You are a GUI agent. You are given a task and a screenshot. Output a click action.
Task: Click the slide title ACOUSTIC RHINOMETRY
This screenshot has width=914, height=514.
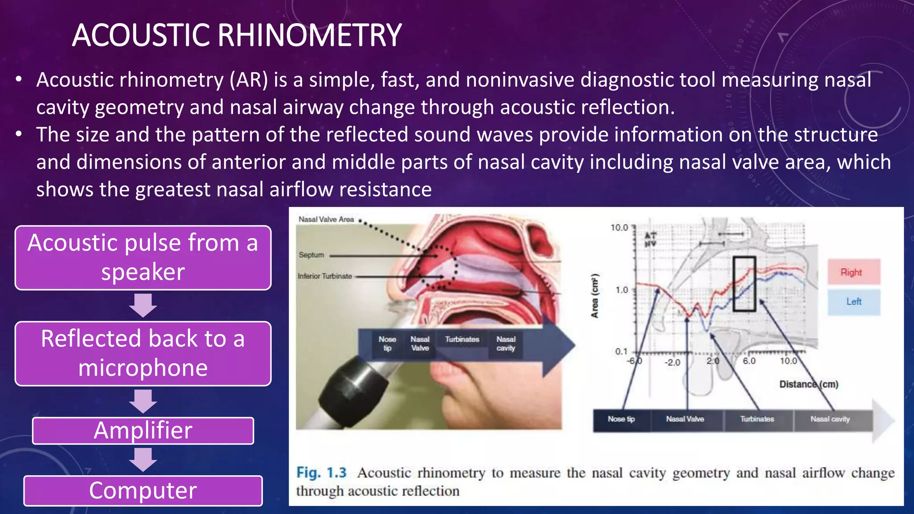click(x=237, y=36)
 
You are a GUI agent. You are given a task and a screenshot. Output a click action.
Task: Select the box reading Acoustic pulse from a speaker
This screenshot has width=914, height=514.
click(x=143, y=258)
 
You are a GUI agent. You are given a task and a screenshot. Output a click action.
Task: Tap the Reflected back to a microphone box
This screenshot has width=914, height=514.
click(x=143, y=353)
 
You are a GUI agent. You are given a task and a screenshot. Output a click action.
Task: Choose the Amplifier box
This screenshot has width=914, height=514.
click(x=143, y=431)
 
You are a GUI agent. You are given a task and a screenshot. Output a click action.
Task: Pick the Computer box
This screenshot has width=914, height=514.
click(x=143, y=490)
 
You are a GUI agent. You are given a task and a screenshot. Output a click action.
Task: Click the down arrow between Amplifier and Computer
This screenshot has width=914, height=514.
click(x=143, y=460)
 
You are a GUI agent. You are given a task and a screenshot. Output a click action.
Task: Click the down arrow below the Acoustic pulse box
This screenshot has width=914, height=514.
click(x=143, y=306)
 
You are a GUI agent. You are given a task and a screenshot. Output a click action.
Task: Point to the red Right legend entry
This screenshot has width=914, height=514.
click(x=853, y=272)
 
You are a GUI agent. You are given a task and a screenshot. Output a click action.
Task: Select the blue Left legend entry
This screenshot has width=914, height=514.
click(x=853, y=302)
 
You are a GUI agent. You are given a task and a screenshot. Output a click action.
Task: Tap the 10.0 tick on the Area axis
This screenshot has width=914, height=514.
click(x=619, y=228)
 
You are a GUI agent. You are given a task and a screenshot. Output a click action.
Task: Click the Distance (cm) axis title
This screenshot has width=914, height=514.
click(x=808, y=384)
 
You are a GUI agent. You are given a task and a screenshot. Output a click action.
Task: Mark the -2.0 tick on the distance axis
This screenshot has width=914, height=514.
click(x=672, y=362)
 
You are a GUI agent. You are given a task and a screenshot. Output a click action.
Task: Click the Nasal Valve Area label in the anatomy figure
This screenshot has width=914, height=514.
click(x=326, y=220)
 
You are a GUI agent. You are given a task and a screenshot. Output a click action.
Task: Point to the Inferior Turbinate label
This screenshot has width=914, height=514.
click(x=324, y=276)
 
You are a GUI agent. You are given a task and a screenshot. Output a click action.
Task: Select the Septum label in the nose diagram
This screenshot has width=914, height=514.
click(x=311, y=255)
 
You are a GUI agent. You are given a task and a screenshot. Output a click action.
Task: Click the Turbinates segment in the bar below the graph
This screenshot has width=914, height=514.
click(x=757, y=419)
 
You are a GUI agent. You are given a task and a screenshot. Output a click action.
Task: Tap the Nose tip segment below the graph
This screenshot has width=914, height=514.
click(x=621, y=419)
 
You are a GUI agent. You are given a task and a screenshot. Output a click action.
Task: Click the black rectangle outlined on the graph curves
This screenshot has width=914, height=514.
click(x=744, y=284)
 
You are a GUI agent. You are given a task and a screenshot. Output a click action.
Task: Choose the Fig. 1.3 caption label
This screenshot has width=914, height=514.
click(x=321, y=473)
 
